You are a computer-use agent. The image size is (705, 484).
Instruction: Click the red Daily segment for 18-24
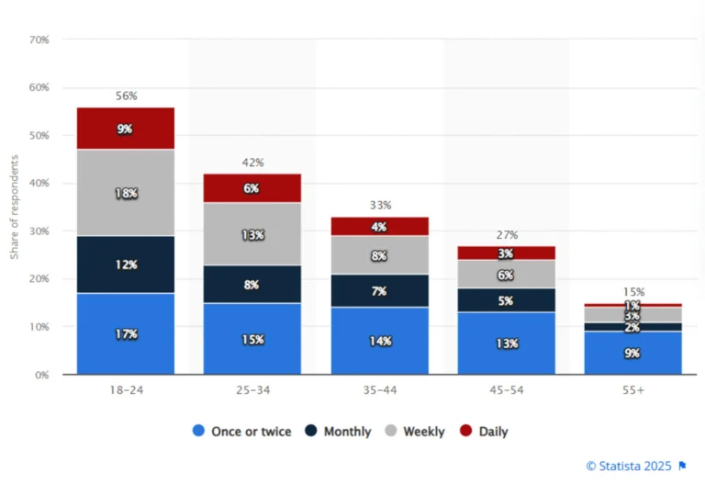pos(126,129)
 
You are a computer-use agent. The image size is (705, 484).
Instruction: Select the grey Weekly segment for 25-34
pos(252,234)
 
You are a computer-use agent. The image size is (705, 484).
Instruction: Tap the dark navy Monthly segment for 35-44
pos(379,290)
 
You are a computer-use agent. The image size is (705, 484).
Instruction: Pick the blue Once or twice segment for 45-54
pos(506,343)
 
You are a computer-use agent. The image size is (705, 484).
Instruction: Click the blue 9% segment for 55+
pos(632,353)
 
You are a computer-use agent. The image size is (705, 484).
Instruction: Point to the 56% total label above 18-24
pos(126,96)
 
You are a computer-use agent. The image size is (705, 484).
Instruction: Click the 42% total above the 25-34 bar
pos(252,163)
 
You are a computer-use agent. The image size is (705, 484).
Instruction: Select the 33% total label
pos(379,206)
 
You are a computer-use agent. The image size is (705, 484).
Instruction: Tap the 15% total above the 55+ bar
pos(632,292)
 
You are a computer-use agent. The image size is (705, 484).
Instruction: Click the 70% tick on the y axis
pos(39,39)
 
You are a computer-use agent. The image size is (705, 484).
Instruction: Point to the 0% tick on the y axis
pos(42,375)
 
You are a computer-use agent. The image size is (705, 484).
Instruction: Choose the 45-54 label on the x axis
pos(506,389)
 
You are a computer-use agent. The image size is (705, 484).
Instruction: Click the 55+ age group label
pos(632,389)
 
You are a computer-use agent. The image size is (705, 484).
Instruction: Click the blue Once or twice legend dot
pos(198,431)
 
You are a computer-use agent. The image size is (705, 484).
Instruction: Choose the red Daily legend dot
pos(466,431)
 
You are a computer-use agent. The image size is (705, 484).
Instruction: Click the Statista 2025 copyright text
pos(629,466)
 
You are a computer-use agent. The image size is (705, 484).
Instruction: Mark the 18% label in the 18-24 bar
pos(126,194)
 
